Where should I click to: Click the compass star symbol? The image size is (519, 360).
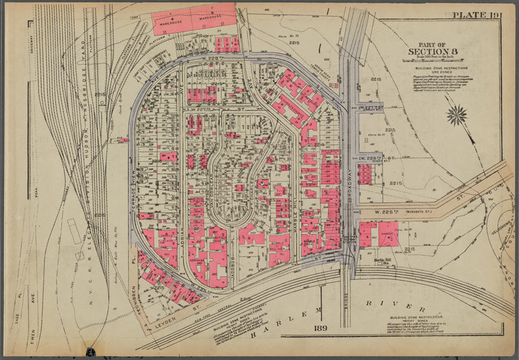456,114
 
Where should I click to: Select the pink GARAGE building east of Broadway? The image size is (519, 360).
388,234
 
